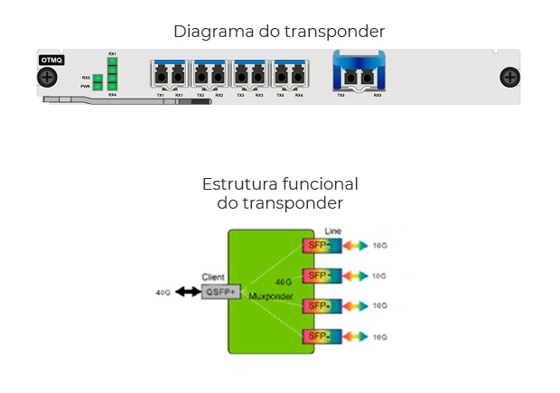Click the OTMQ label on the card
coord(51,60)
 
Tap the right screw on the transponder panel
coord(510,78)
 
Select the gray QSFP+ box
coord(219,292)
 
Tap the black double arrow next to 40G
coord(188,292)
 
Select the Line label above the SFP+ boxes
coord(332,232)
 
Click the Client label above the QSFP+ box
coord(214,277)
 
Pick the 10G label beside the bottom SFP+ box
coord(379,338)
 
